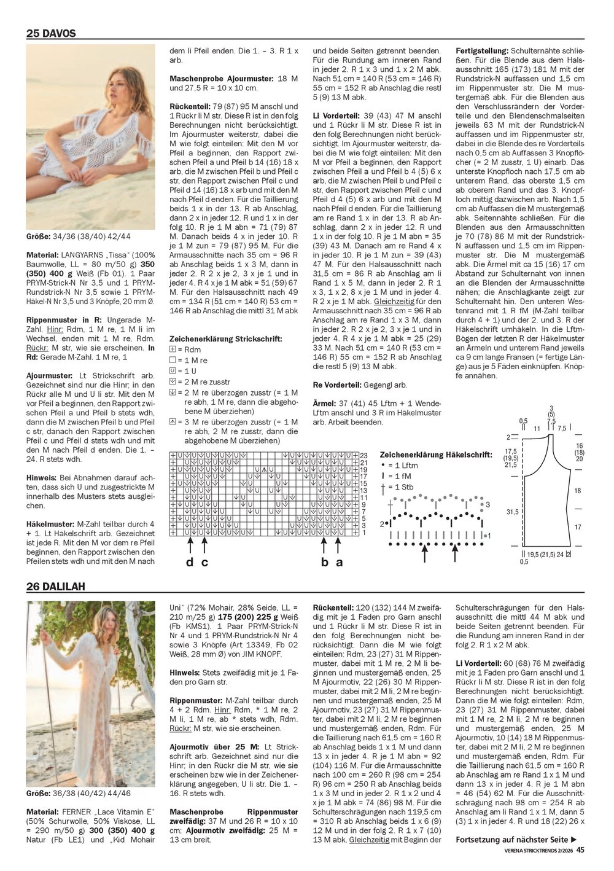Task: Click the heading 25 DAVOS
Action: point(51,34)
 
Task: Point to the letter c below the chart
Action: point(205,563)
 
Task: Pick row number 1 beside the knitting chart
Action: point(363,532)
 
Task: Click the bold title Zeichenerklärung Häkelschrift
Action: point(436,455)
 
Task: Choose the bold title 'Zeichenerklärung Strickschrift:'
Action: point(225,338)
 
